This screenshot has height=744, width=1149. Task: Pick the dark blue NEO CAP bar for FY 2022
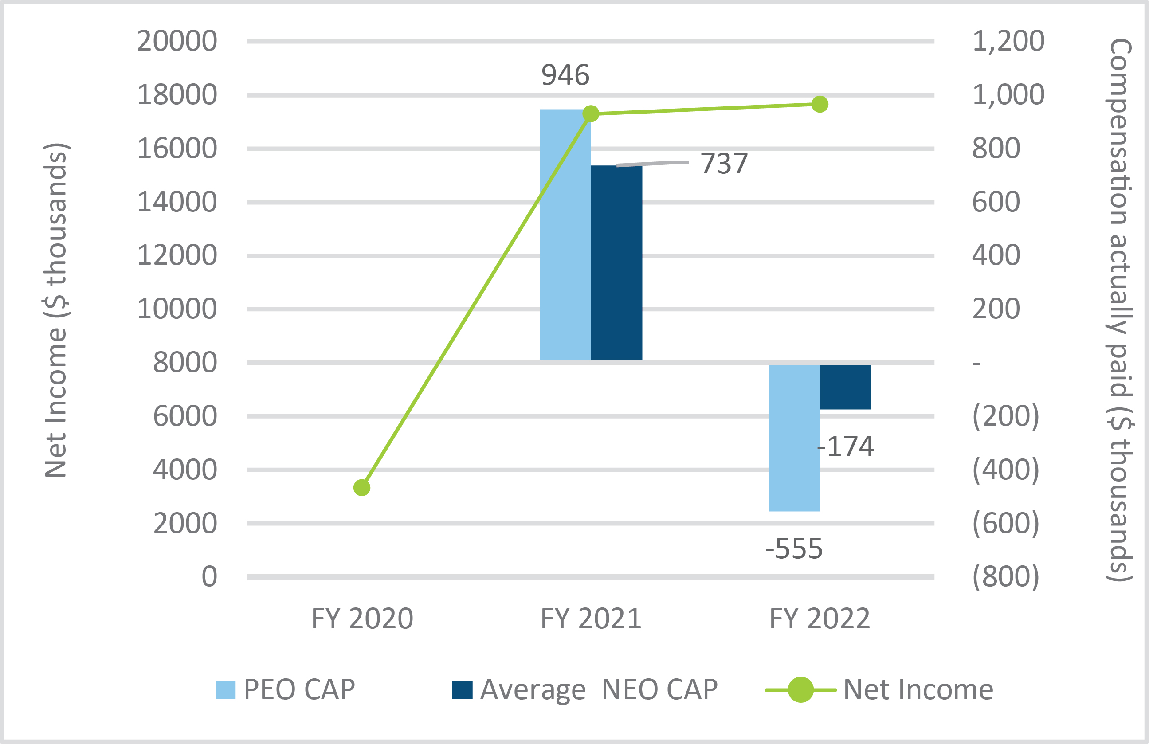point(845,387)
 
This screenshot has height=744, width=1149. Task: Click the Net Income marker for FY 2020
point(361,488)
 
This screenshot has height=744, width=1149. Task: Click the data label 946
point(565,75)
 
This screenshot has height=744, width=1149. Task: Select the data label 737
point(724,164)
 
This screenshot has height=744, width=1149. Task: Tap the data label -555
point(794,548)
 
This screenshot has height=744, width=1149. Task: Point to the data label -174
point(846,446)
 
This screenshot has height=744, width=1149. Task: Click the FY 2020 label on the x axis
point(362,619)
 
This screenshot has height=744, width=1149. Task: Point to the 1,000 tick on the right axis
point(1008,94)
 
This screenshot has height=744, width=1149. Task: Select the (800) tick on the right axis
point(1006,576)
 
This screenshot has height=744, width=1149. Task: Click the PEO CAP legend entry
point(286,689)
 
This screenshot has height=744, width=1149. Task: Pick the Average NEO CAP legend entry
point(584,689)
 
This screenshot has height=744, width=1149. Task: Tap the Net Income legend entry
point(879,689)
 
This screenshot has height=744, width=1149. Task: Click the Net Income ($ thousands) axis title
point(55,310)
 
